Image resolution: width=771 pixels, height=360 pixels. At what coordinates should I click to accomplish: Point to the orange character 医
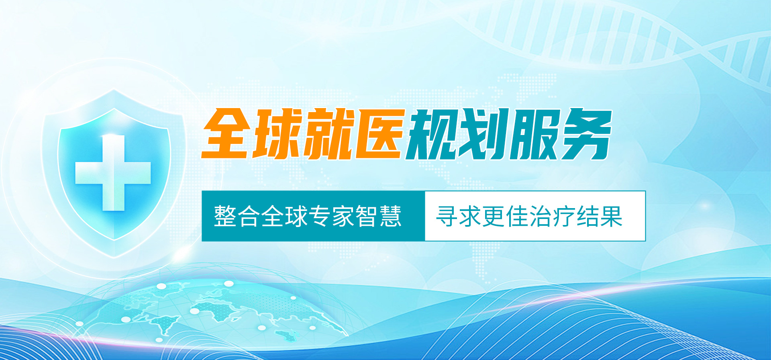379,134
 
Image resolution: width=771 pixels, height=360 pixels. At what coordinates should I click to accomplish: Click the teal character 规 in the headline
432,134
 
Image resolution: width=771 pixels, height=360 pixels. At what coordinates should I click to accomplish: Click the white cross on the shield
113,173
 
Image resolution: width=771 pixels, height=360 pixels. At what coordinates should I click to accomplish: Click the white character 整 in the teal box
225,216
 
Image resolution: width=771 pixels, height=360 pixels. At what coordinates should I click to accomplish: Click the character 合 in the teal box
249,216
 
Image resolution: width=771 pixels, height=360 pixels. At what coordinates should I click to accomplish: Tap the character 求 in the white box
471,216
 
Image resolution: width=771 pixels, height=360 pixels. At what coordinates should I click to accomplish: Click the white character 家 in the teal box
343,216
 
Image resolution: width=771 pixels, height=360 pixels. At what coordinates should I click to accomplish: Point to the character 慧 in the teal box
390,216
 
